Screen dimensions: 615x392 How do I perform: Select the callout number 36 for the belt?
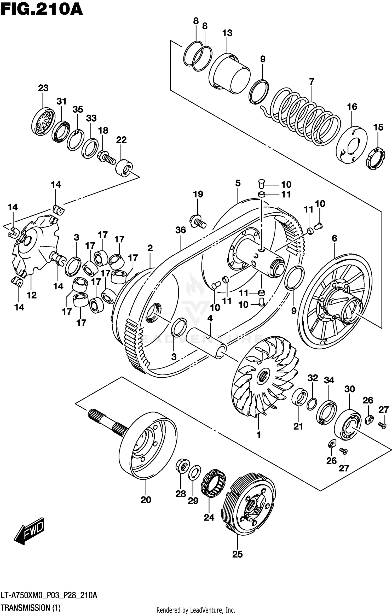(181, 230)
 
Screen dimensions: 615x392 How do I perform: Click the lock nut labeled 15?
(375, 159)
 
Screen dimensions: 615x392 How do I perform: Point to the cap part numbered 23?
(43, 121)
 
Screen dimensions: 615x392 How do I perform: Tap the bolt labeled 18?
(107, 158)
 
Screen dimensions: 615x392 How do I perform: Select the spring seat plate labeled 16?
(351, 145)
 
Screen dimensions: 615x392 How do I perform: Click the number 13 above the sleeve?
(227, 33)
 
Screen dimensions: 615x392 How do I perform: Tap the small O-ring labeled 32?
(312, 404)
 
